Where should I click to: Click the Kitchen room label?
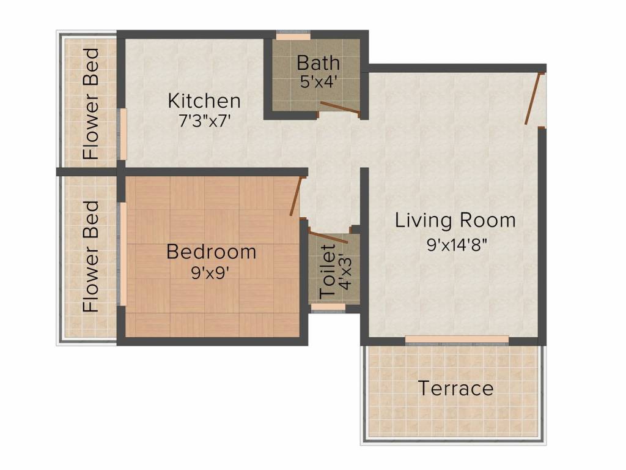pos(204,100)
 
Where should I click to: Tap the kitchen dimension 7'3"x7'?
pos(204,120)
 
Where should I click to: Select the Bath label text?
pos(319,62)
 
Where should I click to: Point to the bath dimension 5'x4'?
pos(319,81)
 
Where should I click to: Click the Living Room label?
pos(455,220)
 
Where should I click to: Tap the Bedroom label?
pos(212,252)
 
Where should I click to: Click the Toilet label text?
pos(328,271)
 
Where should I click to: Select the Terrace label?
pos(455,388)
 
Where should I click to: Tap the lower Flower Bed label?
pos(91,256)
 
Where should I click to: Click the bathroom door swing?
pos(340,109)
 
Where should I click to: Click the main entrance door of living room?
pos(533,98)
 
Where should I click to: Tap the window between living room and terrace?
pos(457,339)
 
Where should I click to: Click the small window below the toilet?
pos(320,307)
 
